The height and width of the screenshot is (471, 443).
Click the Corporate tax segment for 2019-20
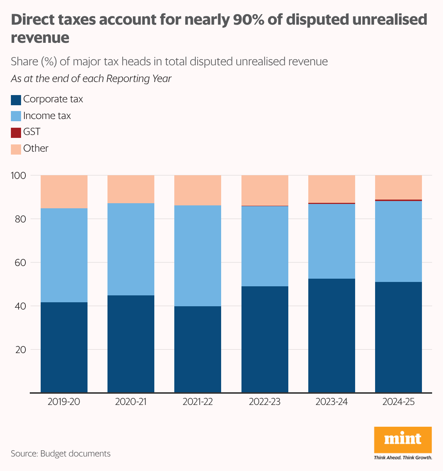64,347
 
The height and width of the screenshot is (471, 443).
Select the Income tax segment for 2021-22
198,256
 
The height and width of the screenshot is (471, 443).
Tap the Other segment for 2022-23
265,190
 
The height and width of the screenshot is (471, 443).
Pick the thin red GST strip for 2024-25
398,200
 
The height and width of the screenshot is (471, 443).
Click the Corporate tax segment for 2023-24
332,336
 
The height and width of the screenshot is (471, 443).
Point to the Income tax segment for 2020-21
131,249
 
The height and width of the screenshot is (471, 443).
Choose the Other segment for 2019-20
64,192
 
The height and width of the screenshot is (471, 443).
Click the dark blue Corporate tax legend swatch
16,100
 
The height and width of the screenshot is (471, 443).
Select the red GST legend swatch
16,132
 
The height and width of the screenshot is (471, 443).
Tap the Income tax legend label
47,116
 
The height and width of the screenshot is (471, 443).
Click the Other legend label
36,148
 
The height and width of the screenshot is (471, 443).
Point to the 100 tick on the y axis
19,176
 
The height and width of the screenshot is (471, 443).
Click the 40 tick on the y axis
20,306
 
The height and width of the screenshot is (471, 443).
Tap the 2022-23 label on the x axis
265,402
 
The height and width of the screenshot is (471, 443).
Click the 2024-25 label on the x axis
398,402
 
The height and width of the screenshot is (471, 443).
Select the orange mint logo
403,440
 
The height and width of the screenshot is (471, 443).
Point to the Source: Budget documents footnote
61,454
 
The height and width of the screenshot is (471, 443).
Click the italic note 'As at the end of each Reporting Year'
91,79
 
